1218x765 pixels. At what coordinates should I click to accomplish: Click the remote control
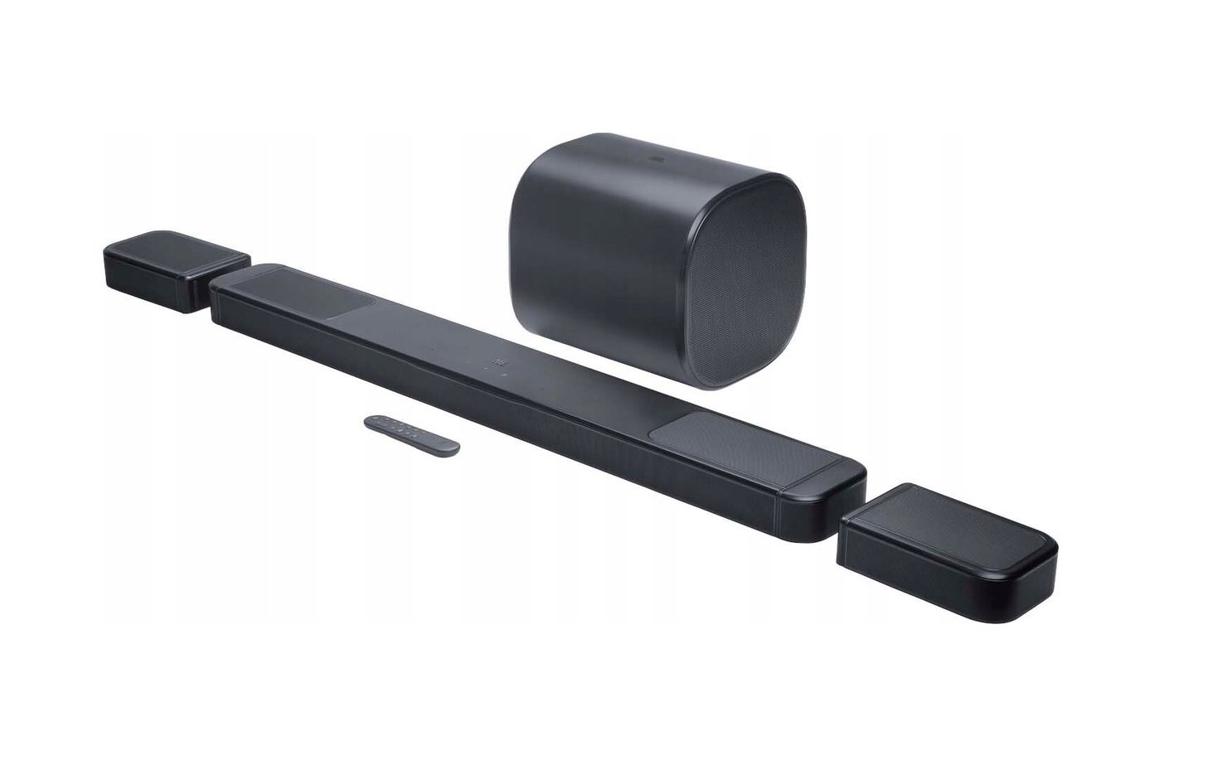[411, 434]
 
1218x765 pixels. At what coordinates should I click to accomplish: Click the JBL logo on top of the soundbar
[498, 361]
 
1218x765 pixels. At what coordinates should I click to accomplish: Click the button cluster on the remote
[405, 429]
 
